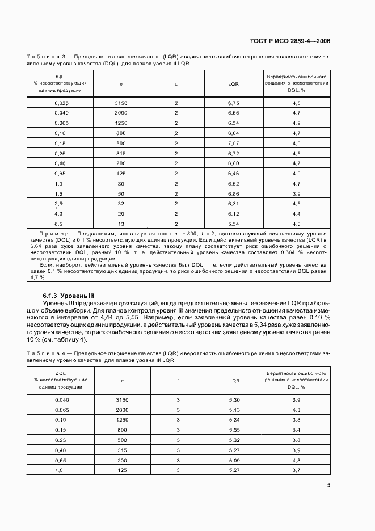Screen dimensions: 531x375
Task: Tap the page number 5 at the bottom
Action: (328, 485)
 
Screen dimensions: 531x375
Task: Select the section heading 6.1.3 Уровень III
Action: (69, 296)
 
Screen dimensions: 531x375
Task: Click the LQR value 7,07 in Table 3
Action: (233, 143)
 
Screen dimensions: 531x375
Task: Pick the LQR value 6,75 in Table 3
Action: (233, 103)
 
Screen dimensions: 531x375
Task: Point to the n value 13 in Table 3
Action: (121, 225)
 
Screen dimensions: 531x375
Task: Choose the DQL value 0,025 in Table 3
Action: (61, 103)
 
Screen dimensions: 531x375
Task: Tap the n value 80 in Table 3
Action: (121, 184)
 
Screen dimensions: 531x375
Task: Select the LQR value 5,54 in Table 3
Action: (233, 225)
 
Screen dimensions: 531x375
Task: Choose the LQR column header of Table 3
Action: (233, 83)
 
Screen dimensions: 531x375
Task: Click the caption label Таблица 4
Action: (43, 353)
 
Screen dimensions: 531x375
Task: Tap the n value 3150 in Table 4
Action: (121, 399)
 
